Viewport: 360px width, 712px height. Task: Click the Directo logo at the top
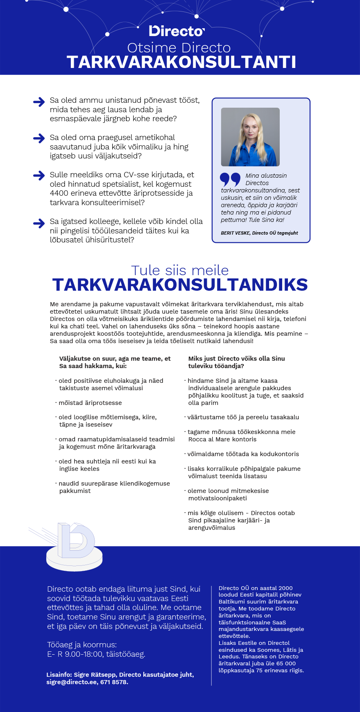click(x=177, y=31)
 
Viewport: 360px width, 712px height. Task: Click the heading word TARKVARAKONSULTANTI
click(x=181, y=62)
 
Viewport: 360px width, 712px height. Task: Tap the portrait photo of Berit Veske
click(x=250, y=137)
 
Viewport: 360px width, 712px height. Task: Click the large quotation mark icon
click(x=230, y=179)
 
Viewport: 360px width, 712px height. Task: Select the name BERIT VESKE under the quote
click(x=235, y=233)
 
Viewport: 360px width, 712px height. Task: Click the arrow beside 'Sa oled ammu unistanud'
click(x=39, y=102)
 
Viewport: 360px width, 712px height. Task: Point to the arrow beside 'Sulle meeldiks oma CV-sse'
click(x=39, y=176)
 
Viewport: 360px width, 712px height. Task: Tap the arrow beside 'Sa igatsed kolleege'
click(x=39, y=223)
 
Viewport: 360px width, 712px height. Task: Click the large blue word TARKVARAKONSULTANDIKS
click(x=180, y=285)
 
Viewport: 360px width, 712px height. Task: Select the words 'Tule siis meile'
click(x=180, y=270)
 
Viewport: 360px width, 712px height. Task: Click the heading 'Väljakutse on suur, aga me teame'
click(x=115, y=359)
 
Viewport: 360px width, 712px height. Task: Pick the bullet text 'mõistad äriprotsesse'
click(x=90, y=403)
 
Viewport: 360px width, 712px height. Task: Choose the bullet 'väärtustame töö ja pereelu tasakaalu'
click(x=243, y=417)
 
